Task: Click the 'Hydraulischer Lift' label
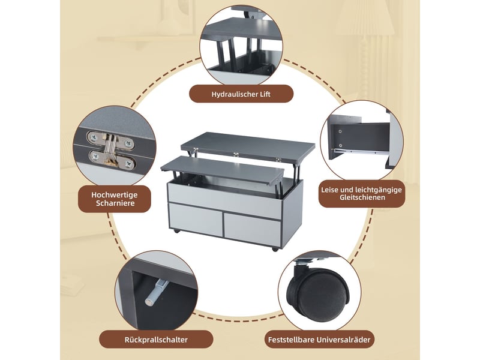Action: click(x=241, y=94)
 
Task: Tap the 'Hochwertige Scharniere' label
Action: click(x=115, y=199)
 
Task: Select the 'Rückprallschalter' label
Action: click(x=156, y=340)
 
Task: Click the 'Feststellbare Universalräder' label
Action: click(x=319, y=340)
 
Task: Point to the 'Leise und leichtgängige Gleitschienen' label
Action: click(x=362, y=193)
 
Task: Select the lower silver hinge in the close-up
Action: click(x=112, y=159)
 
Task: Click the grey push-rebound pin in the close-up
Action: click(x=155, y=292)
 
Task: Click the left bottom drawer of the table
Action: click(x=196, y=220)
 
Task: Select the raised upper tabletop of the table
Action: click(x=248, y=147)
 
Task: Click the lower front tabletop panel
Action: click(x=223, y=170)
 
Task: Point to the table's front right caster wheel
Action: click(x=275, y=249)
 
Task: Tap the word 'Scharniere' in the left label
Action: click(x=115, y=203)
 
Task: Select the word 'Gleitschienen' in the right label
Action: click(x=362, y=197)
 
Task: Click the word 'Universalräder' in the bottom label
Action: click(x=343, y=340)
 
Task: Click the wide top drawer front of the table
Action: click(x=224, y=201)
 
